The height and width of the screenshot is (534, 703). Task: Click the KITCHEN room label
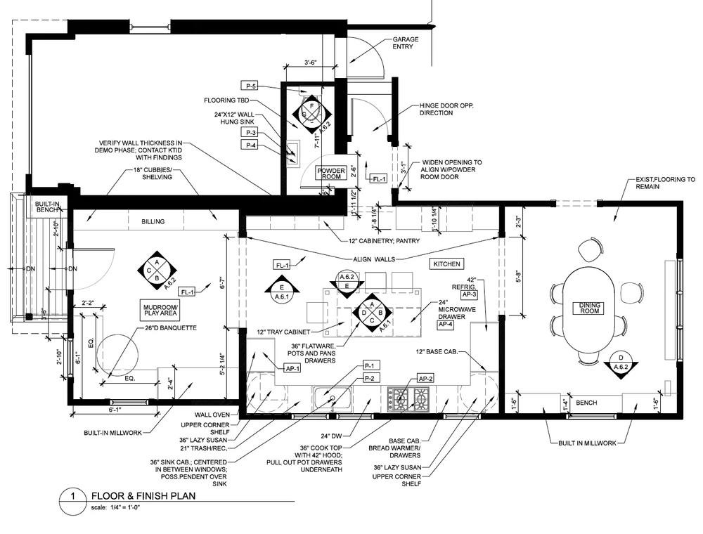tap(446, 264)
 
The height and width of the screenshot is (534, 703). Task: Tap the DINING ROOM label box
tap(590, 307)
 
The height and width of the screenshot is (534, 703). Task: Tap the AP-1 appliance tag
tap(292, 367)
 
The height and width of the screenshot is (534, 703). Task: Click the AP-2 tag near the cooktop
tap(425, 379)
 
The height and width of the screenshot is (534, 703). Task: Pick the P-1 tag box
tap(372, 365)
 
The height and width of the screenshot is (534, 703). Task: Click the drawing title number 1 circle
tap(71, 495)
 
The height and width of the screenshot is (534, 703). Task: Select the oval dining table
tap(589, 306)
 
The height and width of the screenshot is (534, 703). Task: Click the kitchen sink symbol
tap(333, 398)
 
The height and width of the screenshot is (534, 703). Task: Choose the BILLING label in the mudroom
tap(153, 222)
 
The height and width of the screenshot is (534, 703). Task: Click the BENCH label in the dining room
tap(586, 404)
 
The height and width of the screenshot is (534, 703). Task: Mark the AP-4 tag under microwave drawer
tap(446, 325)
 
